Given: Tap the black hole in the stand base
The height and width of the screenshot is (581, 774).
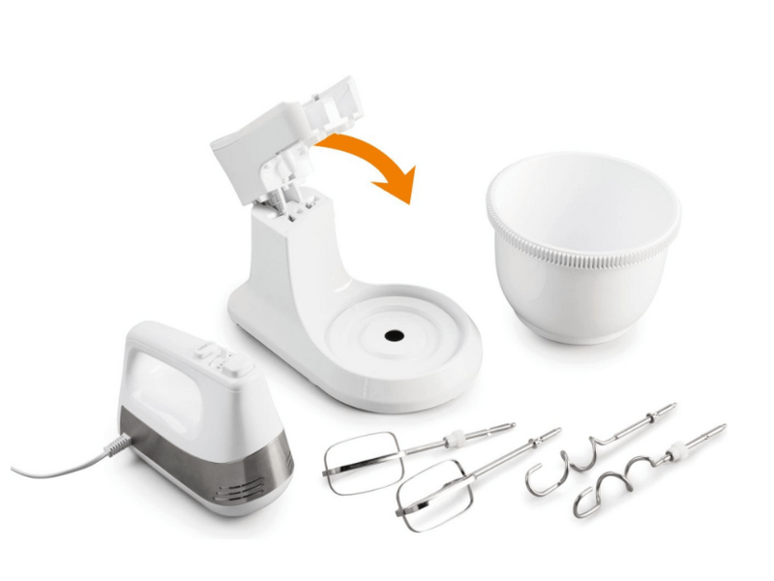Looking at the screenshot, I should (393, 335).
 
